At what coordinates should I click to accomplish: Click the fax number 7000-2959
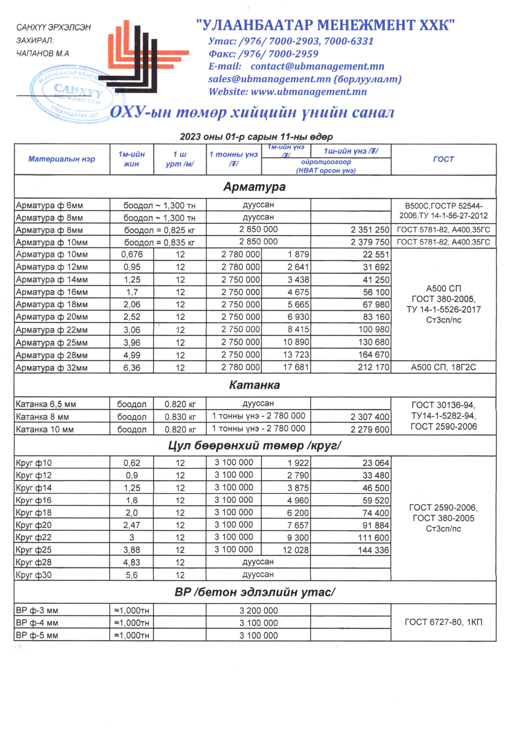click(293, 54)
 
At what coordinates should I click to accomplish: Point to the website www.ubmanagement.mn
click(309, 92)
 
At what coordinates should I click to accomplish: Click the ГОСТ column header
click(443, 159)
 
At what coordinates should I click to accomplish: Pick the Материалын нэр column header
click(62, 159)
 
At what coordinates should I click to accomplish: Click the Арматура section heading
click(255, 187)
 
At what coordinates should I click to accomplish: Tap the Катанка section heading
click(255, 385)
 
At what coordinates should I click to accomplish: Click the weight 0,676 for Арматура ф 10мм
click(132, 255)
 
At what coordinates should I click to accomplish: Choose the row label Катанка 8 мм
click(43, 417)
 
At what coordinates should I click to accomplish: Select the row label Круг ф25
click(34, 550)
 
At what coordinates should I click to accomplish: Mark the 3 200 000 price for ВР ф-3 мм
click(258, 611)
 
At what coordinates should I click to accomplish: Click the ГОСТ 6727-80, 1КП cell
click(443, 622)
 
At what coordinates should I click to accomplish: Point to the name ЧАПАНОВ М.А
click(43, 53)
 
